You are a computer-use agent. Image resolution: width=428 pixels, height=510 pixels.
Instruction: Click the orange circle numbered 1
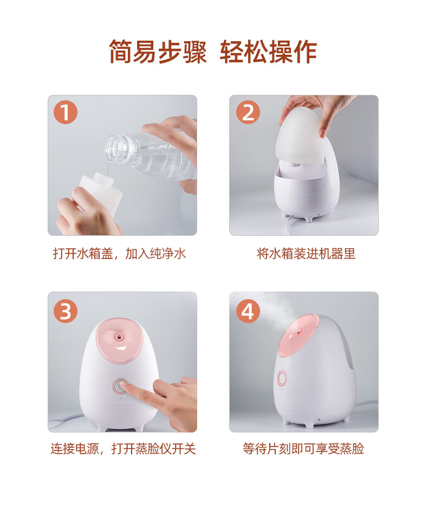pos(66,112)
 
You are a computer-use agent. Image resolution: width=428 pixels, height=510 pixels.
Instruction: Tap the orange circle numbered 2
pos(248,112)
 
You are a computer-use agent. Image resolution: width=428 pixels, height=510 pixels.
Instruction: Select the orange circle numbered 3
pos(66,311)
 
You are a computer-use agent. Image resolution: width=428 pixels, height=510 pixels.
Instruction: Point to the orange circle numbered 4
pos(248,311)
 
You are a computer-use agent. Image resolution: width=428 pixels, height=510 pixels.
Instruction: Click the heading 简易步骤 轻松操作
pos(213,51)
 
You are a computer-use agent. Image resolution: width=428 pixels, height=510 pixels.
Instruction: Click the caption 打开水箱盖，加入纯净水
pos(119,253)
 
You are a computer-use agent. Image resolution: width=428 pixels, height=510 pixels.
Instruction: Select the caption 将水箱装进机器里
pos(306,253)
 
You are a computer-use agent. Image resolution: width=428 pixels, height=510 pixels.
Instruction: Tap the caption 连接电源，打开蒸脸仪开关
pos(123,449)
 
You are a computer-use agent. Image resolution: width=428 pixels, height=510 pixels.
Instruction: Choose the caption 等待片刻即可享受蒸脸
pos(303,449)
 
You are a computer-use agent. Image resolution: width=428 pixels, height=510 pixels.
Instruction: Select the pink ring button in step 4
pos(282,378)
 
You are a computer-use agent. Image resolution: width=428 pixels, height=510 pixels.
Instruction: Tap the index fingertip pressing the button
pos(124,386)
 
